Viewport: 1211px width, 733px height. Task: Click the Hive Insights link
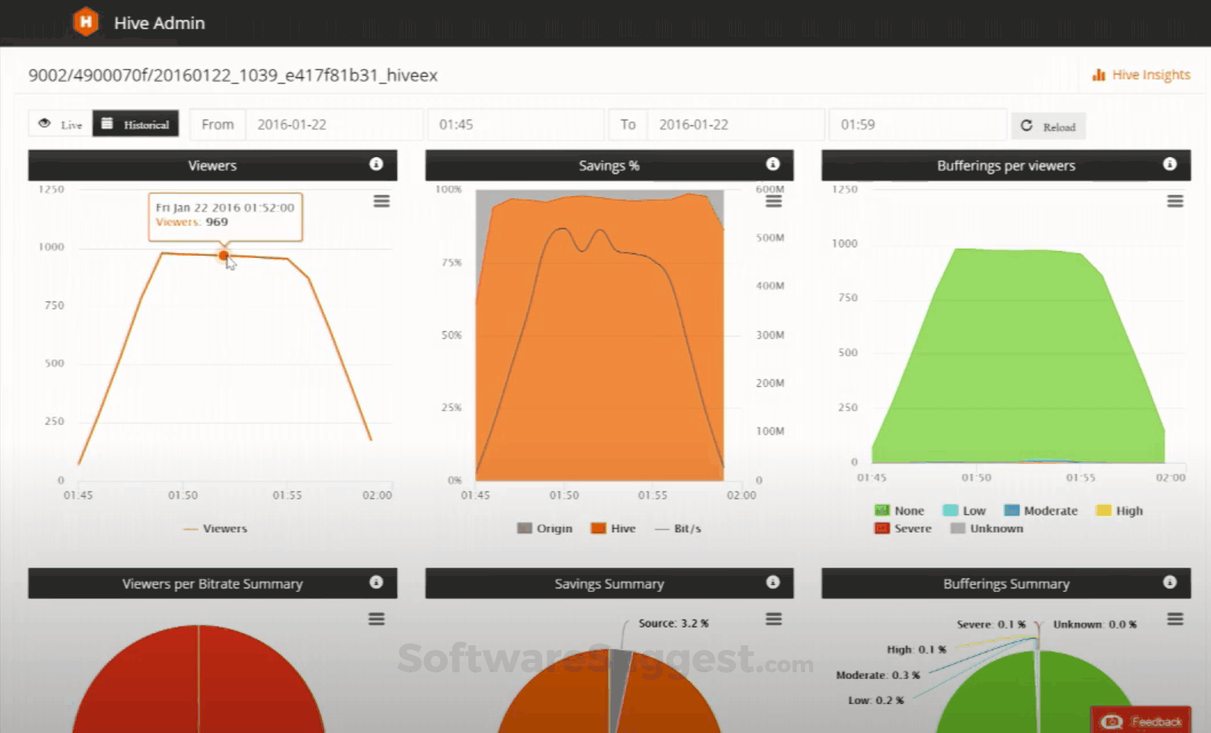1142,75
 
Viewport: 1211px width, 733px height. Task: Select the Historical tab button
136,124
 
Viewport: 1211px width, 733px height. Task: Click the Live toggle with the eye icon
61,124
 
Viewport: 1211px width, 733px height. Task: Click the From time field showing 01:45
516,124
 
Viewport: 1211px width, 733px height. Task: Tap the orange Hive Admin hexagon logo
86,22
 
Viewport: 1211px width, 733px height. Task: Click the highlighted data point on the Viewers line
223,256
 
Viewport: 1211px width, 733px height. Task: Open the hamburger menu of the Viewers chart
381,201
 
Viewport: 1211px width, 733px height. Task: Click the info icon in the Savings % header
773,164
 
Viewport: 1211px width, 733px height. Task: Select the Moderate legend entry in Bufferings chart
1041,511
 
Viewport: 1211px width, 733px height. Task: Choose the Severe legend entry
904,529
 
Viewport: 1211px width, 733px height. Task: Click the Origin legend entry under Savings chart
545,529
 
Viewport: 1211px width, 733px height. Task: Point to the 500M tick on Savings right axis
769,238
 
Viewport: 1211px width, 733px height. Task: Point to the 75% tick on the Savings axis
451,262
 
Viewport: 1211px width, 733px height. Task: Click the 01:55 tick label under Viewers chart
287,495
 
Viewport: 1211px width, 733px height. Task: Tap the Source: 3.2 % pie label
673,623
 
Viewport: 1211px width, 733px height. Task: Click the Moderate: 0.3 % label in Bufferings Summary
878,675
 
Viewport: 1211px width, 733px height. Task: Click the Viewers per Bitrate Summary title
212,584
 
